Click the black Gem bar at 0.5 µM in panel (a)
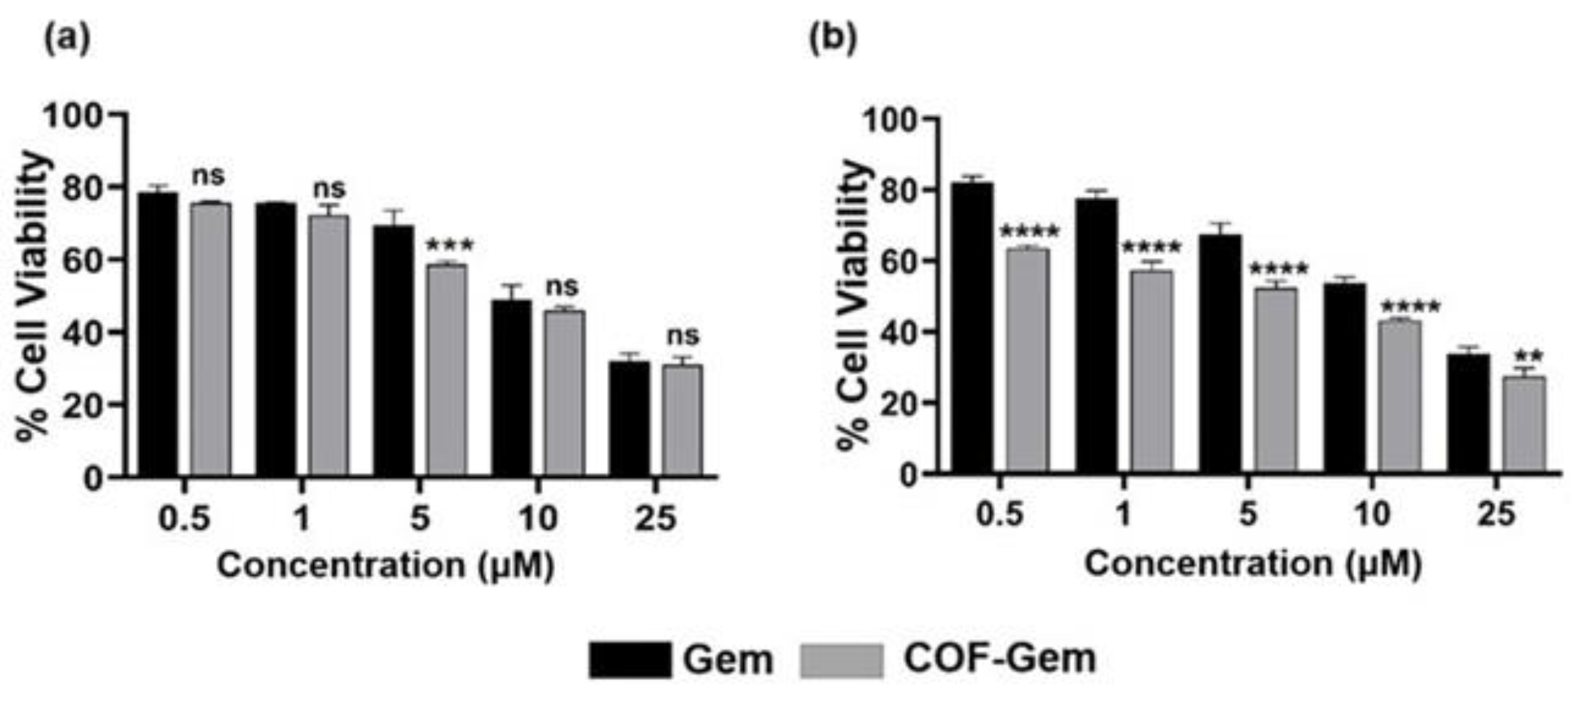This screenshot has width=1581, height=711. [x=158, y=334]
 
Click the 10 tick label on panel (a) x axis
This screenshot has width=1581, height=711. [x=538, y=518]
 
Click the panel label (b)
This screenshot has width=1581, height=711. [x=833, y=39]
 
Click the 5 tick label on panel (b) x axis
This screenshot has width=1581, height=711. [x=1248, y=514]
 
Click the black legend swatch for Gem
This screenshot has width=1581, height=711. [x=630, y=660]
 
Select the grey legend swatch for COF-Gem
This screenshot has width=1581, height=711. [x=842, y=660]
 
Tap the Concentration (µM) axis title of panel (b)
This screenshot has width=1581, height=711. [x=1252, y=563]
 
